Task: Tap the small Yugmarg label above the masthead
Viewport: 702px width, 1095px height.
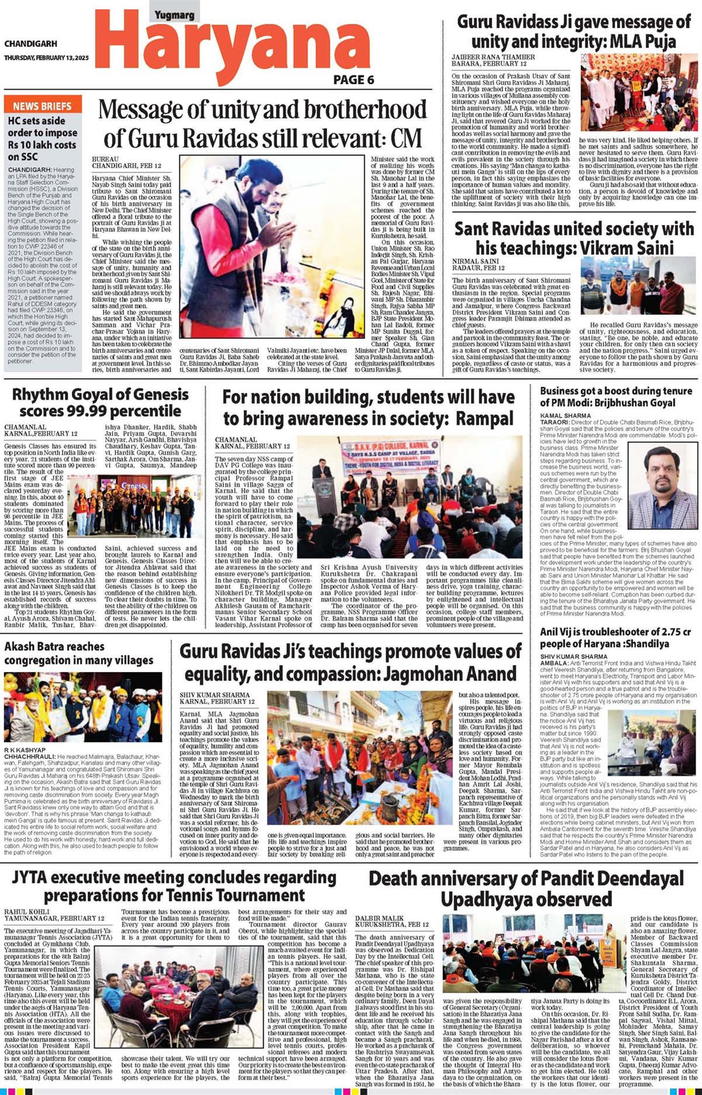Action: (x=174, y=15)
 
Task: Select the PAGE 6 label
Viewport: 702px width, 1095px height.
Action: (x=354, y=80)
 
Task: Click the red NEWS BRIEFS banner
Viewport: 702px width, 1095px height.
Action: (x=42, y=106)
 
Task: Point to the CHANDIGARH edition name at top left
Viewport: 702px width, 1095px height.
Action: (x=30, y=44)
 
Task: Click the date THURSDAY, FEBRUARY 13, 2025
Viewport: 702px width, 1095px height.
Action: (x=46, y=58)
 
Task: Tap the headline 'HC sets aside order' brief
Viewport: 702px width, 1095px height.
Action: (x=42, y=138)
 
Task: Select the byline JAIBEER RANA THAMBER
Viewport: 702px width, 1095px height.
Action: (x=493, y=57)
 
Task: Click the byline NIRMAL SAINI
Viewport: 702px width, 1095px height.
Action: (x=475, y=261)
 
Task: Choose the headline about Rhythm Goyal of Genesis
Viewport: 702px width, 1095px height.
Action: (x=100, y=403)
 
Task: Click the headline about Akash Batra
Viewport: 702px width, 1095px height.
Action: (x=78, y=653)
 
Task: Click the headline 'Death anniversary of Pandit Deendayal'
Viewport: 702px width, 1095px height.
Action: (x=526, y=888)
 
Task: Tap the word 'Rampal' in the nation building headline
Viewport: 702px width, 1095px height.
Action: (x=485, y=418)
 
